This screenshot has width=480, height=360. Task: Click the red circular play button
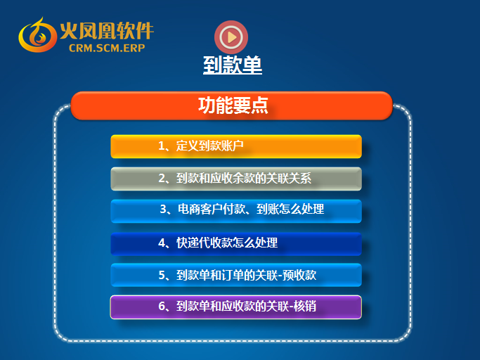[231, 37]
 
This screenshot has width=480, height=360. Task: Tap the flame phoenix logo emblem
[37, 35]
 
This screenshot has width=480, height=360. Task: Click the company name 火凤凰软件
[107, 31]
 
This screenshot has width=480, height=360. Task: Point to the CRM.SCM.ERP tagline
[107, 48]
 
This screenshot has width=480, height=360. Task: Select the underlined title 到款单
[233, 65]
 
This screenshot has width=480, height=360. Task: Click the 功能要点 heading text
[233, 105]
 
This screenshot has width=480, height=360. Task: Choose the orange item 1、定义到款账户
[236, 146]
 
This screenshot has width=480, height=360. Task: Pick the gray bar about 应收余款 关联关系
[236, 179]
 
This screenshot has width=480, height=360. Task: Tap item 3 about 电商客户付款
[236, 211]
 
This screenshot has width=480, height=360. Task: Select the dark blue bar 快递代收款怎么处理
[236, 244]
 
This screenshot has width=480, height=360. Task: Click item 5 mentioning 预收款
[236, 275]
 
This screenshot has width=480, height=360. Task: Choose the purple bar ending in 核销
[236, 307]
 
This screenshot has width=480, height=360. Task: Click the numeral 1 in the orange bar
[162, 146]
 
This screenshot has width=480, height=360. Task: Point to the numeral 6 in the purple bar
[162, 306]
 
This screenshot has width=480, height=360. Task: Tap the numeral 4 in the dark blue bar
[162, 243]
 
